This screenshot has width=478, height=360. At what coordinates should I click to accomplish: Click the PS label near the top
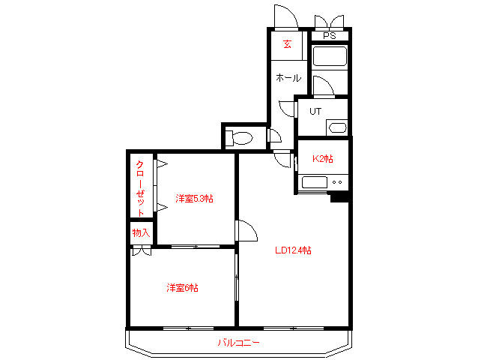[x=330, y=36]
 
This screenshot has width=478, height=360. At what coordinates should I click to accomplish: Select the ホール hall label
[x=288, y=78]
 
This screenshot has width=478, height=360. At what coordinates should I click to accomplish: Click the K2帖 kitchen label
[x=322, y=159]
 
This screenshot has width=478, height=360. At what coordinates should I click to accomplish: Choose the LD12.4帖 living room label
[x=293, y=250]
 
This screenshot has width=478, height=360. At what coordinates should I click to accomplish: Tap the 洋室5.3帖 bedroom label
[x=194, y=199]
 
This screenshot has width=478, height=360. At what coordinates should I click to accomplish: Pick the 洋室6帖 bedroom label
[x=182, y=287]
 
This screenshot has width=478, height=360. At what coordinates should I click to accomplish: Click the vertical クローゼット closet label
[x=140, y=187]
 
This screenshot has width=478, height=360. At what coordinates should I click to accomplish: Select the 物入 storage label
[x=141, y=233]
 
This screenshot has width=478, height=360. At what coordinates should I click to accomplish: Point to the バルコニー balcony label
[x=238, y=343]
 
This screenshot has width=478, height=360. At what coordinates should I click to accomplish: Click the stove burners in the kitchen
[x=337, y=181]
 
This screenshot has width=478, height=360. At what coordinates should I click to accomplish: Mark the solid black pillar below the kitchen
[x=340, y=197]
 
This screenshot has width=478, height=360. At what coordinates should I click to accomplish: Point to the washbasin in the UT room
[x=336, y=127]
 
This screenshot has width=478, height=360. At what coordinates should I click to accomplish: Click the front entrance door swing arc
[x=287, y=16]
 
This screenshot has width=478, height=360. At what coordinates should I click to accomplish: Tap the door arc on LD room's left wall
[x=246, y=231]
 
